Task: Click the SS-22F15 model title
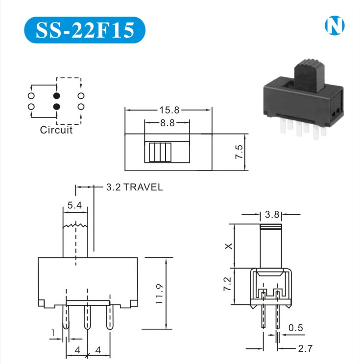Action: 85,30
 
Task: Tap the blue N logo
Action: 335,25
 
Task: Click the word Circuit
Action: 56,130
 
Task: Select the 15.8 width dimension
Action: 169,110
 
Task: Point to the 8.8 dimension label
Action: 168,123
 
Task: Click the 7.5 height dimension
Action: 239,152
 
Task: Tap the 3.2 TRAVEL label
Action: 134,187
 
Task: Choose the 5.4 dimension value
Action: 74,205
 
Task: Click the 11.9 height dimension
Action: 160,294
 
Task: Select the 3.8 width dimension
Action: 272,214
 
